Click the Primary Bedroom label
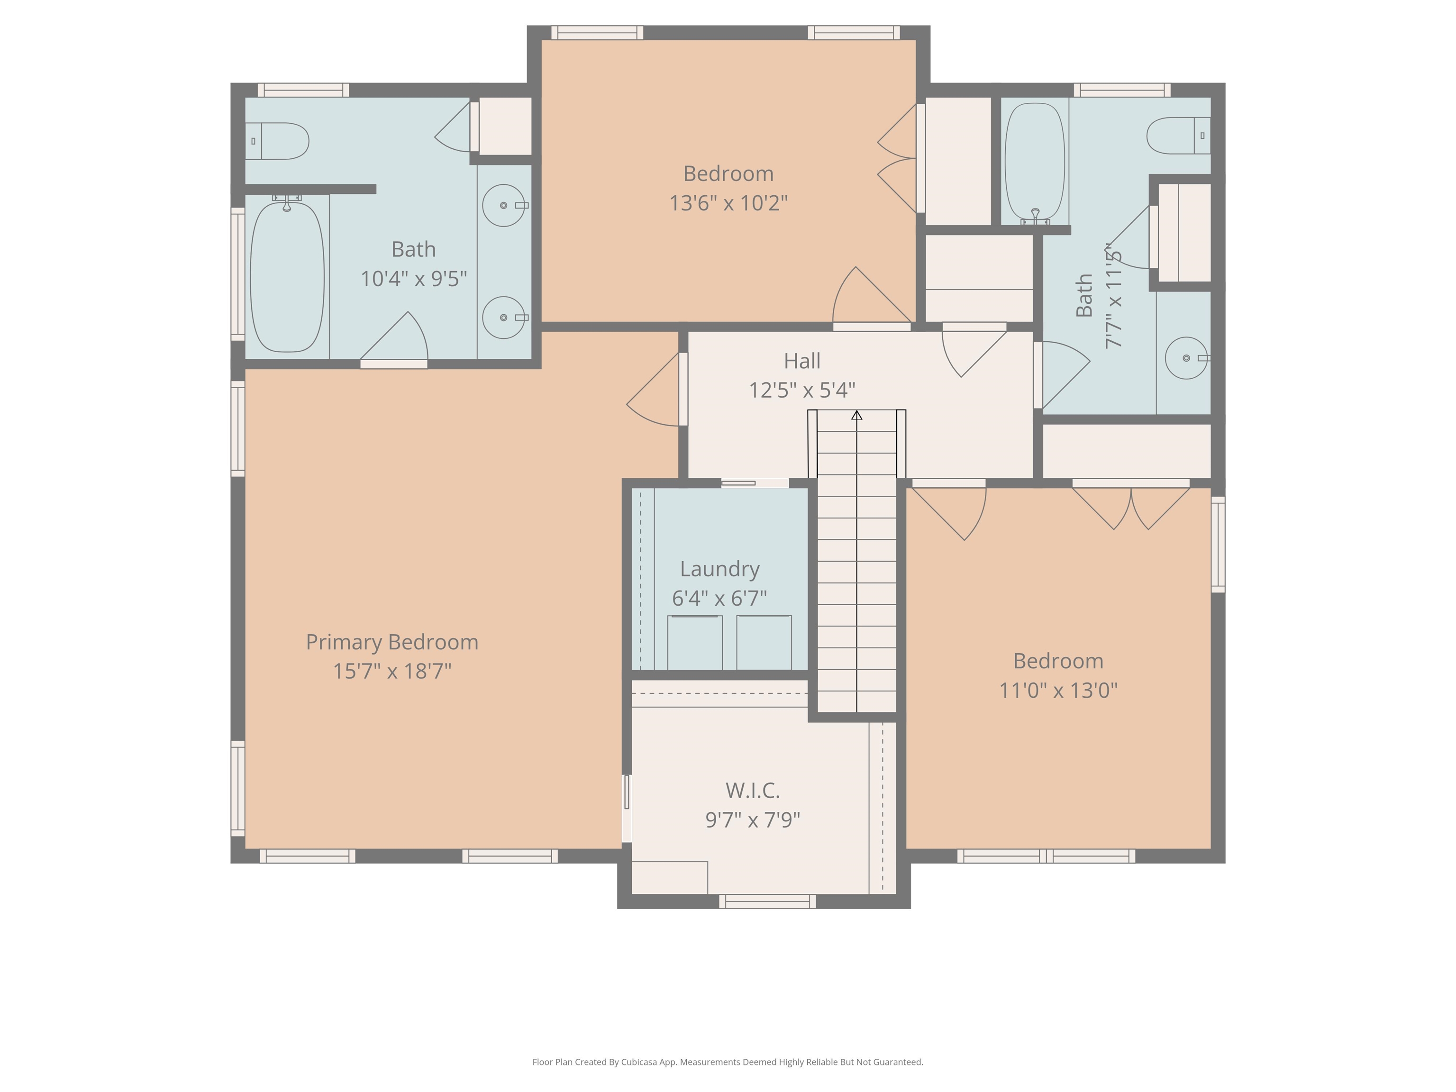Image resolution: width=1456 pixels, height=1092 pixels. coord(392,642)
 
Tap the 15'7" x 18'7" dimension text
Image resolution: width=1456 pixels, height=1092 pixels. coord(392,672)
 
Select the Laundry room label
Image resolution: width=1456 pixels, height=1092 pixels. coord(719,569)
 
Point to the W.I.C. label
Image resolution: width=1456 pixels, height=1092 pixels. coord(752,790)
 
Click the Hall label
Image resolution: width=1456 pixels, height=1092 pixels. coord(802,361)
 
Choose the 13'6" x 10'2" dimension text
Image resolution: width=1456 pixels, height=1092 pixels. coord(728,203)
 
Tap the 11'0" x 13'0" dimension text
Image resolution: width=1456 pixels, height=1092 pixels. coord(1058,691)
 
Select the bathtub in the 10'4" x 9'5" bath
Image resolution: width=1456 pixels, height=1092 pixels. coord(287,276)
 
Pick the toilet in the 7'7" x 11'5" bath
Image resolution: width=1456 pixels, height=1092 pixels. coord(1178,136)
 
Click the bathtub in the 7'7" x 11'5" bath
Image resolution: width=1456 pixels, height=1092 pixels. coord(1035,162)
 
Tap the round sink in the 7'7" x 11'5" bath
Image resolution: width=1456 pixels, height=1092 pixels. coord(1186,358)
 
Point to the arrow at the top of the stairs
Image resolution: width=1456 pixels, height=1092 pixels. coord(856,415)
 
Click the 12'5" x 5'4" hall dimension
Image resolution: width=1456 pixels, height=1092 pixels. coord(802,391)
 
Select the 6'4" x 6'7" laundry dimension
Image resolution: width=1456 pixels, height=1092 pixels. coord(719,598)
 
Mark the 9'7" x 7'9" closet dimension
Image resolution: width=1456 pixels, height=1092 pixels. coord(752,820)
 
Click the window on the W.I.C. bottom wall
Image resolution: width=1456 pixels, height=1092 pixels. coord(767,902)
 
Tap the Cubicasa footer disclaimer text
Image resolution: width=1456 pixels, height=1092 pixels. coord(728,1062)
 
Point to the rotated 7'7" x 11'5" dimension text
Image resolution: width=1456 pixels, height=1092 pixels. coord(1113,296)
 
